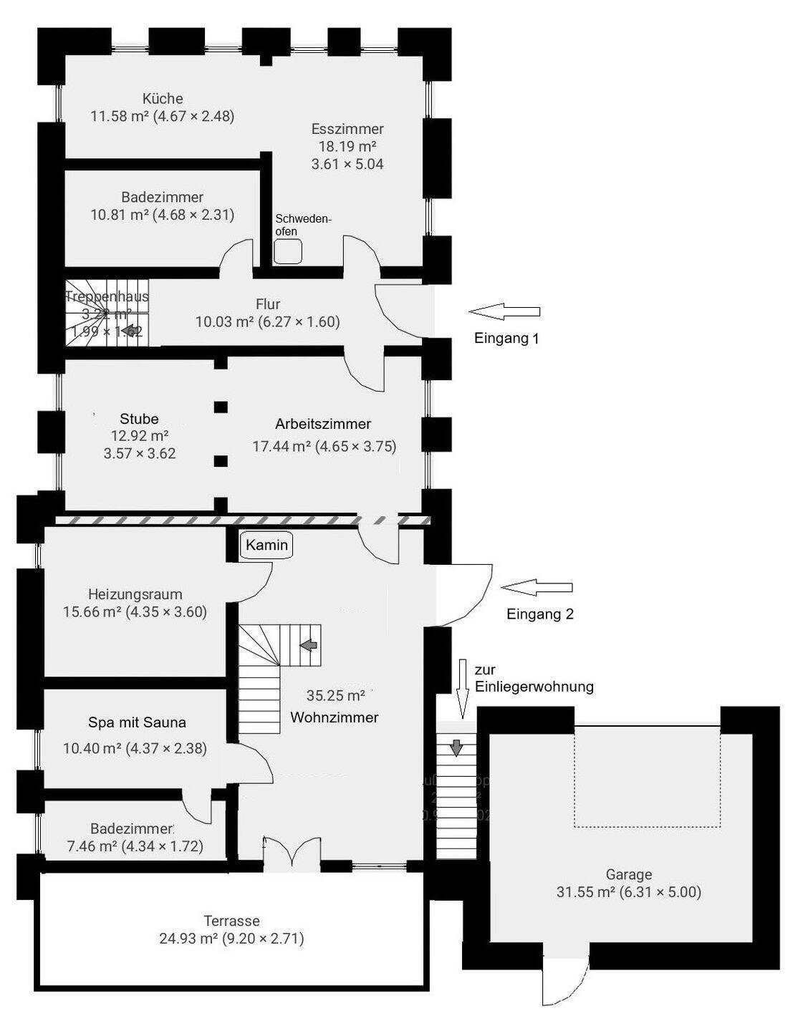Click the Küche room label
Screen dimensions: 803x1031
point(163,99)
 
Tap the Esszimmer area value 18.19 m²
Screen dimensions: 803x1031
point(347,146)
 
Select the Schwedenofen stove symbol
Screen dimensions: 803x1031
point(289,251)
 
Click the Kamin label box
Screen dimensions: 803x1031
point(266,545)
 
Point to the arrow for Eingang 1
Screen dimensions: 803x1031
point(504,311)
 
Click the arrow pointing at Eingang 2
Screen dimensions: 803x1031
point(537,588)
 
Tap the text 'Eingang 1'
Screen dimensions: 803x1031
point(506,339)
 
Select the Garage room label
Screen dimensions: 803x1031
point(628,874)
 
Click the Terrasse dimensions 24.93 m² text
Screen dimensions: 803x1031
point(231,939)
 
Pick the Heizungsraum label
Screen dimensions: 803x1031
point(135,594)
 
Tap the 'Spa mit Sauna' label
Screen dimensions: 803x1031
point(137,722)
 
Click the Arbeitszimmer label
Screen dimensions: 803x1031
point(323,424)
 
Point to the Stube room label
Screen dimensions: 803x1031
point(139,419)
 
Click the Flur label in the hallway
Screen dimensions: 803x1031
point(268,304)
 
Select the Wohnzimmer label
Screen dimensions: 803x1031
point(334,717)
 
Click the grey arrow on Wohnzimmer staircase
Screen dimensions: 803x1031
point(309,645)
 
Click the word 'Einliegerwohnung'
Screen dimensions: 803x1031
point(534,687)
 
